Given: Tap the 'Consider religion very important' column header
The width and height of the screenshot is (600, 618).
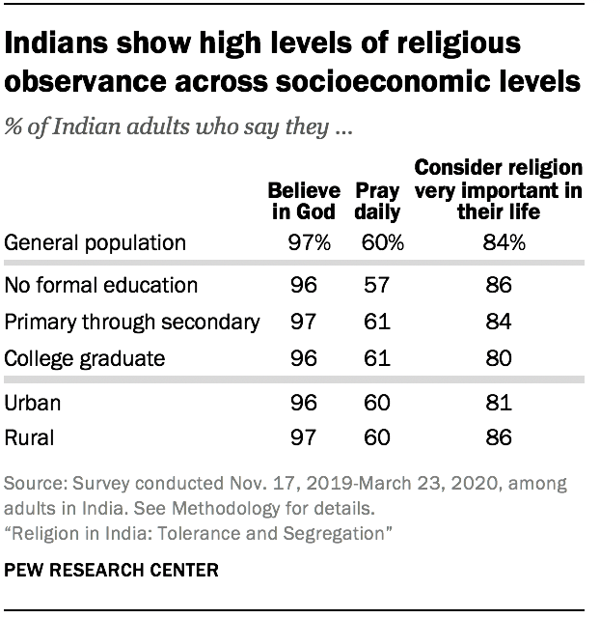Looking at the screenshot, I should (498, 188).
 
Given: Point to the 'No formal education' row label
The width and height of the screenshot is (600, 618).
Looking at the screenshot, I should (101, 285).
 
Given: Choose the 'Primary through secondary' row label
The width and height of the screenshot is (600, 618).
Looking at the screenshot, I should (131, 322).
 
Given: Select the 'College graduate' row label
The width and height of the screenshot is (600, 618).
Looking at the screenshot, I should (85, 358).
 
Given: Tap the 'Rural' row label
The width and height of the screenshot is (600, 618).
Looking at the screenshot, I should (29, 437).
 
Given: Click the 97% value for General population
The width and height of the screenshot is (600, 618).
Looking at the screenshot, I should (308, 243).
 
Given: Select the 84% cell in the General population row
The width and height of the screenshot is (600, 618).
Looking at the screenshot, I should (502, 243).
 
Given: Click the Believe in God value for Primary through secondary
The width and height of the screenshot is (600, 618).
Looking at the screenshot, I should (303, 322).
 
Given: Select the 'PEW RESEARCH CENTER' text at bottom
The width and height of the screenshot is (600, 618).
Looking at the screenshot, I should (112, 570).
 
